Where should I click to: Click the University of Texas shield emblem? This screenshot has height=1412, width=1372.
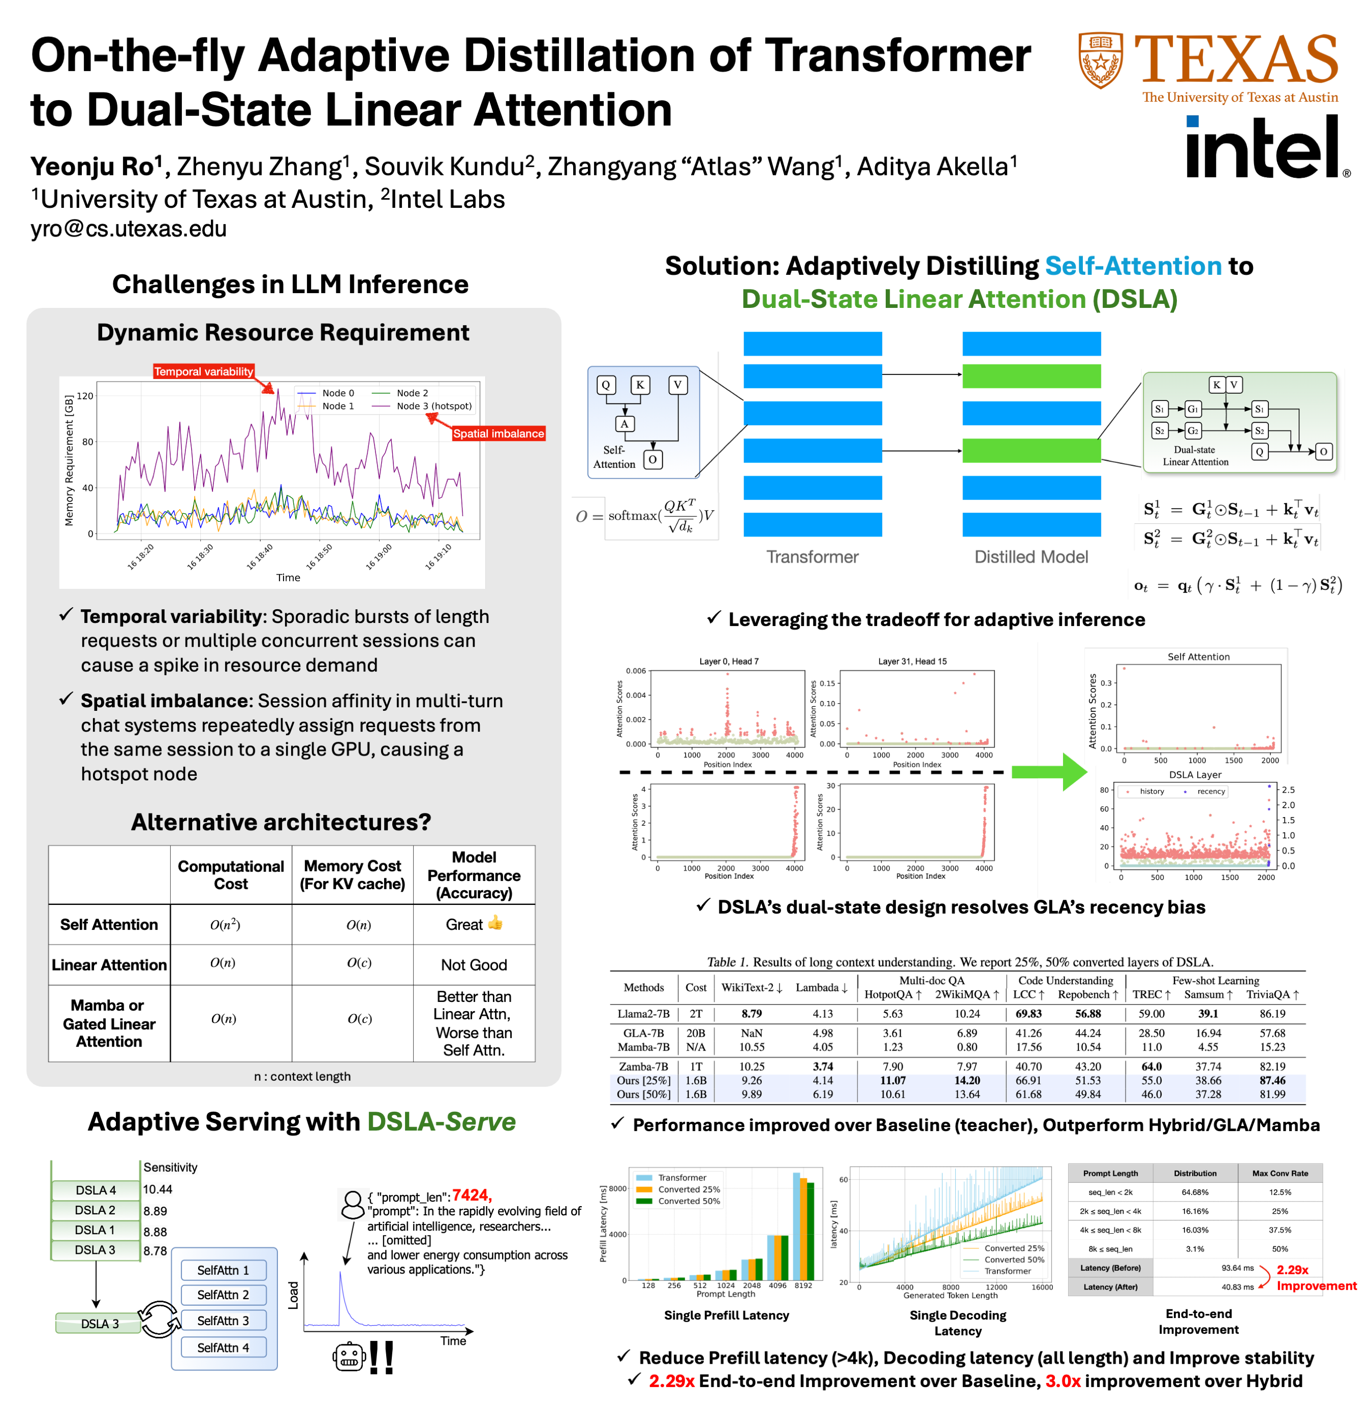(x=1100, y=60)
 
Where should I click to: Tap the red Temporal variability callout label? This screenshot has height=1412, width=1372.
(x=203, y=372)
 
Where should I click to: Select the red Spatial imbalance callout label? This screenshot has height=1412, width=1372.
(x=498, y=434)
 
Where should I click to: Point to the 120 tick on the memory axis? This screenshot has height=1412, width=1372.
(x=85, y=395)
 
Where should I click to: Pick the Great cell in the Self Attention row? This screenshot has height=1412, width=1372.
(x=474, y=924)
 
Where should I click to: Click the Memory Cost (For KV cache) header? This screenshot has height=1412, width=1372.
(x=352, y=874)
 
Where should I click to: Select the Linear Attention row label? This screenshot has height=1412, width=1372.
(x=109, y=965)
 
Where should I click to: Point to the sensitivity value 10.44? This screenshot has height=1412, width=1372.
(x=158, y=1189)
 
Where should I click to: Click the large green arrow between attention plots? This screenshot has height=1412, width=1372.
(x=1048, y=772)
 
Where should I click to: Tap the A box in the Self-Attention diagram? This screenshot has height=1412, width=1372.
(x=624, y=424)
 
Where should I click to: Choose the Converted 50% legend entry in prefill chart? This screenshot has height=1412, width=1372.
(x=688, y=1201)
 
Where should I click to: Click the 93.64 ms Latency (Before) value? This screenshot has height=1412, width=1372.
(x=1237, y=1268)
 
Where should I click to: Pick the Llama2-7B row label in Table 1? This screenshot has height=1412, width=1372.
(x=643, y=1014)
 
